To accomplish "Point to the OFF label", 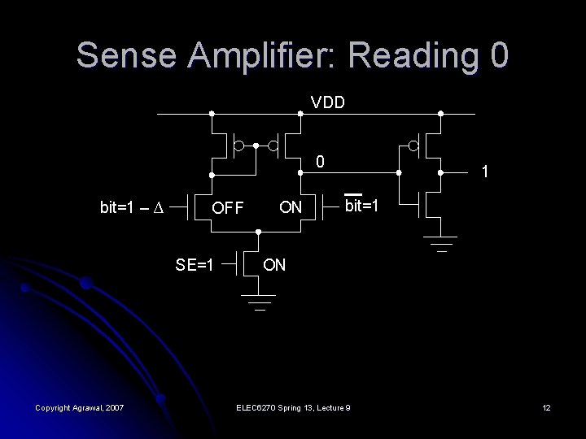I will pyautogui.click(x=228, y=208).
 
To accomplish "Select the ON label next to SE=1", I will pyautogui.click(x=274, y=265).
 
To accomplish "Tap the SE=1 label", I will pyautogui.click(x=195, y=264).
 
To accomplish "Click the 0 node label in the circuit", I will pyautogui.click(x=321, y=162).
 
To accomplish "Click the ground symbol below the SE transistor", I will pyautogui.click(x=259, y=301).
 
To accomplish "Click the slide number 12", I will pyautogui.click(x=547, y=406).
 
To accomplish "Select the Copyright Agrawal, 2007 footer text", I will pyautogui.click(x=79, y=406).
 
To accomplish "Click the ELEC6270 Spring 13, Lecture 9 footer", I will pyautogui.click(x=292, y=406).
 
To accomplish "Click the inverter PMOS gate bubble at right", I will pyautogui.click(x=413, y=146).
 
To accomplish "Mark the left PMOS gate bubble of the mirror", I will pyautogui.click(x=238, y=146).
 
